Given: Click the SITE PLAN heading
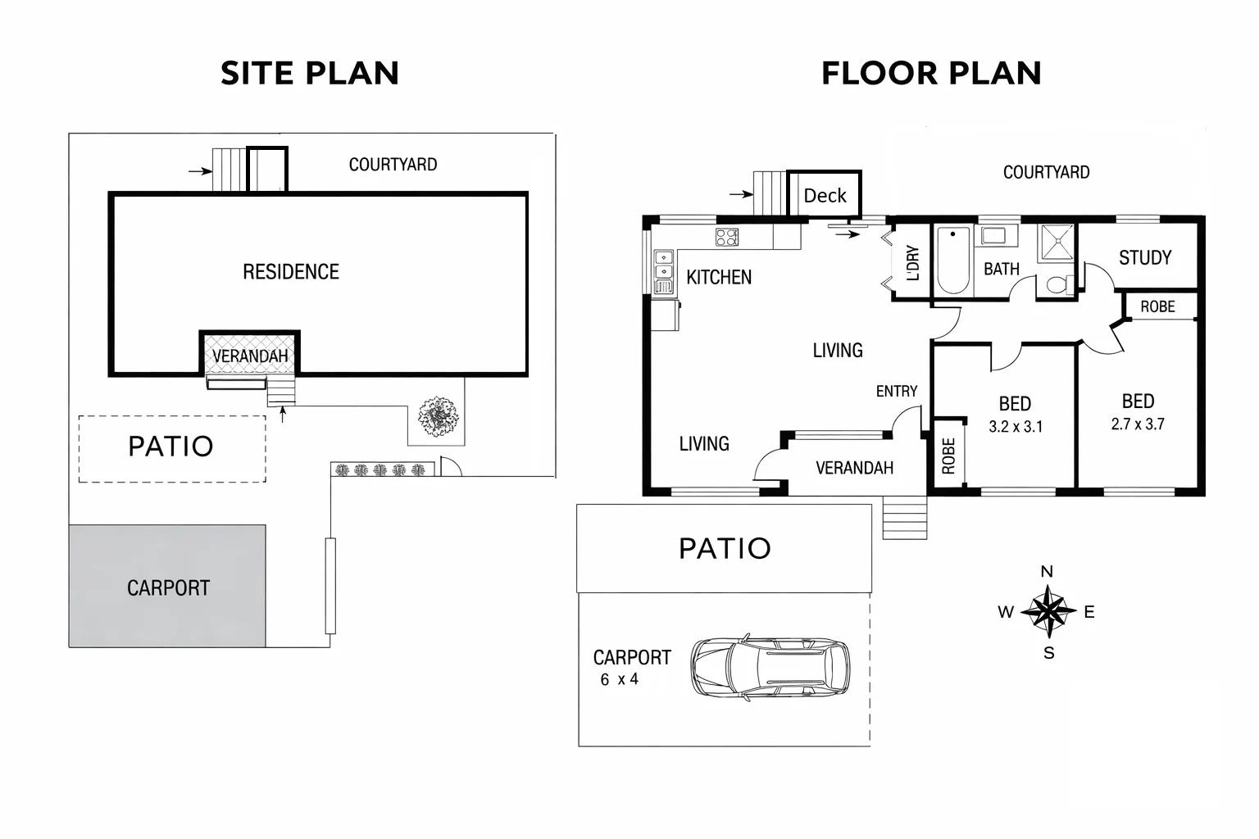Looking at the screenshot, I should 310,74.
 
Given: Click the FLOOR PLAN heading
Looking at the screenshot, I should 931,74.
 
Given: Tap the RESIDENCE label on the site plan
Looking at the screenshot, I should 291,272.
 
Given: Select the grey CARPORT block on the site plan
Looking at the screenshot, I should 167,587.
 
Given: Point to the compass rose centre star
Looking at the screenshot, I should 1048,611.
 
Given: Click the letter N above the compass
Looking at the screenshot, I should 1047,572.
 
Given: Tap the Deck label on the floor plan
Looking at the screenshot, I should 825,196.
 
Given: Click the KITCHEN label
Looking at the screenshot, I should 719,278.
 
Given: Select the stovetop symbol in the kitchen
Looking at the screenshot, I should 727,238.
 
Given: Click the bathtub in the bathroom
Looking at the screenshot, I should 953,260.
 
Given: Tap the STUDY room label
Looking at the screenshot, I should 1145,258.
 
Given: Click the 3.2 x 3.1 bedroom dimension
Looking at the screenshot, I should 1016,427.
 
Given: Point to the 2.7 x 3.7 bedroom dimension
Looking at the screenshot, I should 1138,424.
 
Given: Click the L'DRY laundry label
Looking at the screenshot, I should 913,263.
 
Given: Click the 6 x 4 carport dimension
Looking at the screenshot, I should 619,679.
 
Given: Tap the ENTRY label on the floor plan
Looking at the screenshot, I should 897,392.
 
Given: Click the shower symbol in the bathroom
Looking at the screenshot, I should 1056,243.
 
